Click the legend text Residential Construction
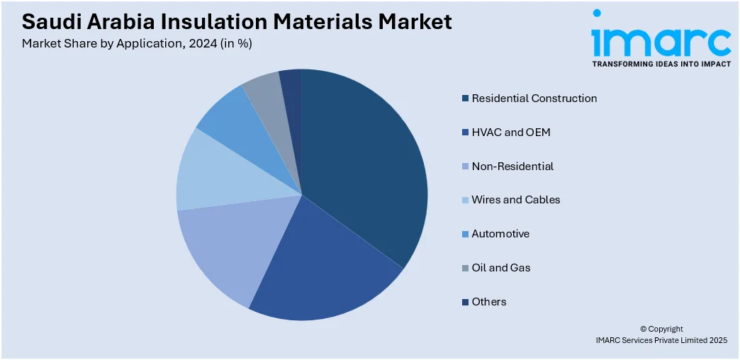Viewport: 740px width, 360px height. (x=534, y=99)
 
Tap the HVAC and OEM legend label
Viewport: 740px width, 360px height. (x=511, y=133)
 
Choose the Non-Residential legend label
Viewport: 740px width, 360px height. (x=512, y=167)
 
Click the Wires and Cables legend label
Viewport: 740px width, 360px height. (x=516, y=200)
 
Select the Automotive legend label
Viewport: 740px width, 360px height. (x=500, y=234)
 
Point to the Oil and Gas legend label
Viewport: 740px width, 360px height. (x=501, y=268)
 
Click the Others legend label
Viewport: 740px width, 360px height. (x=489, y=302)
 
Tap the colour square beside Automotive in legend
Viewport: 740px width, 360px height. (x=465, y=234)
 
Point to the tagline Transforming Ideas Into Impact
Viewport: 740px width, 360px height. (x=661, y=64)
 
